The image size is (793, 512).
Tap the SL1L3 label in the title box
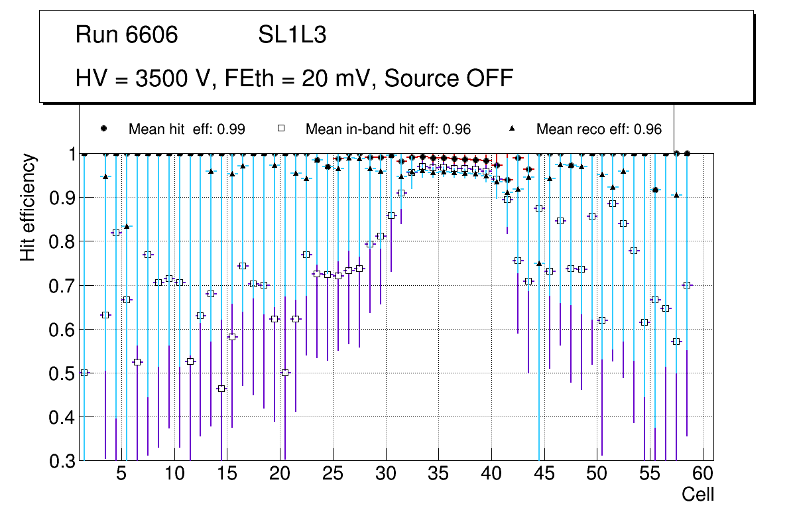(292, 35)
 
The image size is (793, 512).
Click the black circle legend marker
(103, 129)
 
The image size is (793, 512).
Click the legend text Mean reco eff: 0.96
(599, 129)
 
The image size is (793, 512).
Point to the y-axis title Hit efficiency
(28, 207)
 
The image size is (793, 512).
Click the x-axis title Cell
(698, 494)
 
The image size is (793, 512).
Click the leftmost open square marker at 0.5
(84, 373)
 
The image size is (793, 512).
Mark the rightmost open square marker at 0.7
(687, 285)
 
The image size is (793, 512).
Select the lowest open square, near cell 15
(221, 389)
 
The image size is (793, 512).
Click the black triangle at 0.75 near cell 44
(539, 264)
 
